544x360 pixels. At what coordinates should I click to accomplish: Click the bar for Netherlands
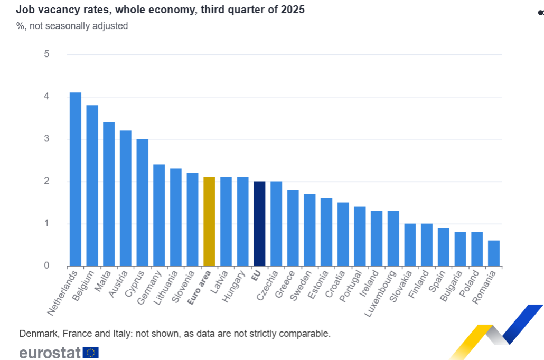pyautogui.click(x=76, y=179)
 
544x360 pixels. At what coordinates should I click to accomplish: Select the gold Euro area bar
pyautogui.click(x=209, y=222)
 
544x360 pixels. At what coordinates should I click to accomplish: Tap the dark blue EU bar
pyautogui.click(x=259, y=224)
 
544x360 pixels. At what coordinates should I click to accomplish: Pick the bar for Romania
pyautogui.click(x=494, y=253)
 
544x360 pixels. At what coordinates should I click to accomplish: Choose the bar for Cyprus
pyautogui.click(x=142, y=203)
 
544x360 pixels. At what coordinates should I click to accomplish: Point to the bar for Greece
pyautogui.click(x=293, y=228)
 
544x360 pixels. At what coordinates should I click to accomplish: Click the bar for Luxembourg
pyautogui.click(x=393, y=239)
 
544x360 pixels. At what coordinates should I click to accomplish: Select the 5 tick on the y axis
pyautogui.click(x=47, y=54)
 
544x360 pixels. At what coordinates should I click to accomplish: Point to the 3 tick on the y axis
pyautogui.click(x=47, y=139)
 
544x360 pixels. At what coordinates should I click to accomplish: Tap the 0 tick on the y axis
pyautogui.click(x=47, y=266)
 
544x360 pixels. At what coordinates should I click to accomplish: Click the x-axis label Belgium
pyautogui.click(x=83, y=286)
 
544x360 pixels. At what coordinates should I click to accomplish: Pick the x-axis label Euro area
pyautogui.click(x=199, y=287)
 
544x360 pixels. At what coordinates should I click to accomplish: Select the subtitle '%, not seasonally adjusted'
pyautogui.click(x=72, y=25)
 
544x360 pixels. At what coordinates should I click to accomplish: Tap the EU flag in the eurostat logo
pyautogui.click(x=91, y=353)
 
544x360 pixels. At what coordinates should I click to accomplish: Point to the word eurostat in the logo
pyautogui.click(x=50, y=353)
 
